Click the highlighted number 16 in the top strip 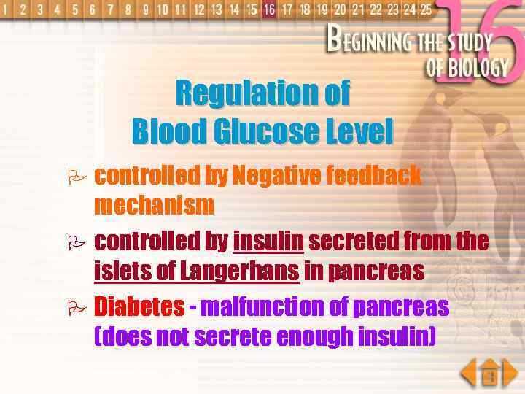pyautogui.click(x=270, y=9)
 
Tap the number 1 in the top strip pyautogui.click(x=6, y=10)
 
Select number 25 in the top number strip pyautogui.click(x=426, y=9)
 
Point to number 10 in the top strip pyautogui.click(x=162, y=10)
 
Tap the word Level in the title pyautogui.click(x=358, y=132)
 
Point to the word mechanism pyautogui.click(x=155, y=206)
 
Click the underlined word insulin pyautogui.click(x=268, y=240)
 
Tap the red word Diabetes pyautogui.click(x=139, y=306)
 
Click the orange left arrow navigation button pyautogui.click(x=469, y=374)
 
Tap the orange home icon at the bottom pyautogui.click(x=490, y=374)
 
